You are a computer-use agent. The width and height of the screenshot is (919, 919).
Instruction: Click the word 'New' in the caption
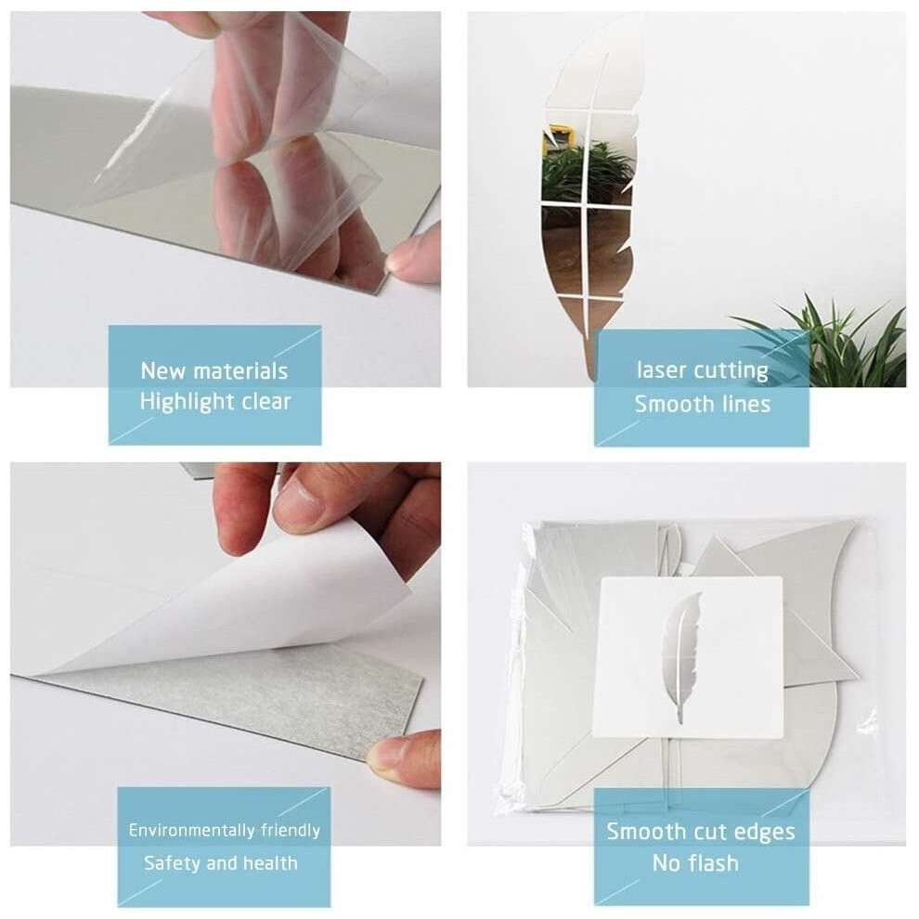[163, 371]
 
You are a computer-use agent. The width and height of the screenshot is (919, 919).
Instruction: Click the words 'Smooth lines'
[702, 404]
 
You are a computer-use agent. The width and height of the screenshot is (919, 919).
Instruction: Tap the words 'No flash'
[695, 863]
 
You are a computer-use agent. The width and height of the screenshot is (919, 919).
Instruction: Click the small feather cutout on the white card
[680, 656]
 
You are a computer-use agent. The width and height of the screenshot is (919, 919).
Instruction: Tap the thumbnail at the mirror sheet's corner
[407, 261]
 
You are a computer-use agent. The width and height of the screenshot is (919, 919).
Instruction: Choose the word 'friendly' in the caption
[290, 830]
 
